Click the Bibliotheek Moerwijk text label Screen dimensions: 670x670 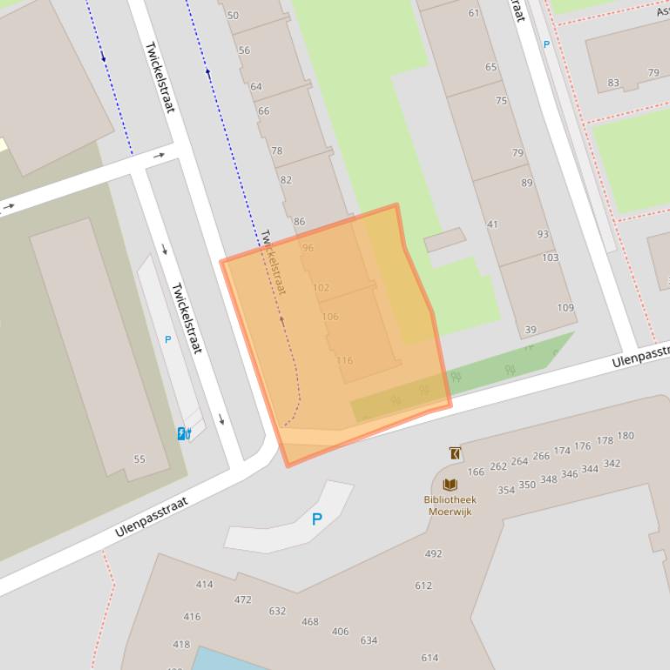pyautogui.click(x=450, y=506)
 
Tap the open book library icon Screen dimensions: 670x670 pyautogui.click(x=450, y=485)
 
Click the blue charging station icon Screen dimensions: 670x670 pyautogui.click(x=184, y=433)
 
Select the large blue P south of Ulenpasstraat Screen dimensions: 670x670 pyautogui.click(x=317, y=519)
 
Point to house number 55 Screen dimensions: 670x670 pyautogui.click(x=139, y=459)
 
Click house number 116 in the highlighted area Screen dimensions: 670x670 pyautogui.click(x=344, y=360)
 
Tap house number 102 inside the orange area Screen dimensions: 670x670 pyautogui.click(x=321, y=287)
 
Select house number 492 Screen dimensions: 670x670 pyautogui.click(x=433, y=553)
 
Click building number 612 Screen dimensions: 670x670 pyautogui.click(x=423, y=586)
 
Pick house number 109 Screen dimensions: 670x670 pyautogui.click(x=565, y=307)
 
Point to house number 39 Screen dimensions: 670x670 pyautogui.click(x=531, y=330)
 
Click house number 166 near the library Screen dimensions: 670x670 pyautogui.click(x=476, y=472)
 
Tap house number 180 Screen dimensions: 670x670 pyautogui.click(x=626, y=436)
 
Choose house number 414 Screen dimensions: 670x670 pyautogui.click(x=204, y=584)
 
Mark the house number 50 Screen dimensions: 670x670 pyautogui.click(x=233, y=16)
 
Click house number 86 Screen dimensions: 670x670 pyautogui.click(x=300, y=222)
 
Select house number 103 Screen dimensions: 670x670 pyautogui.click(x=550, y=258)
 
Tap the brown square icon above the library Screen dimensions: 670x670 pyautogui.click(x=455, y=453)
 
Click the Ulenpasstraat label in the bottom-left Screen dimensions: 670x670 pyautogui.click(x=152, y=517)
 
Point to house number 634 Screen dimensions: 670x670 pyautogui.click(x=369, y=640)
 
